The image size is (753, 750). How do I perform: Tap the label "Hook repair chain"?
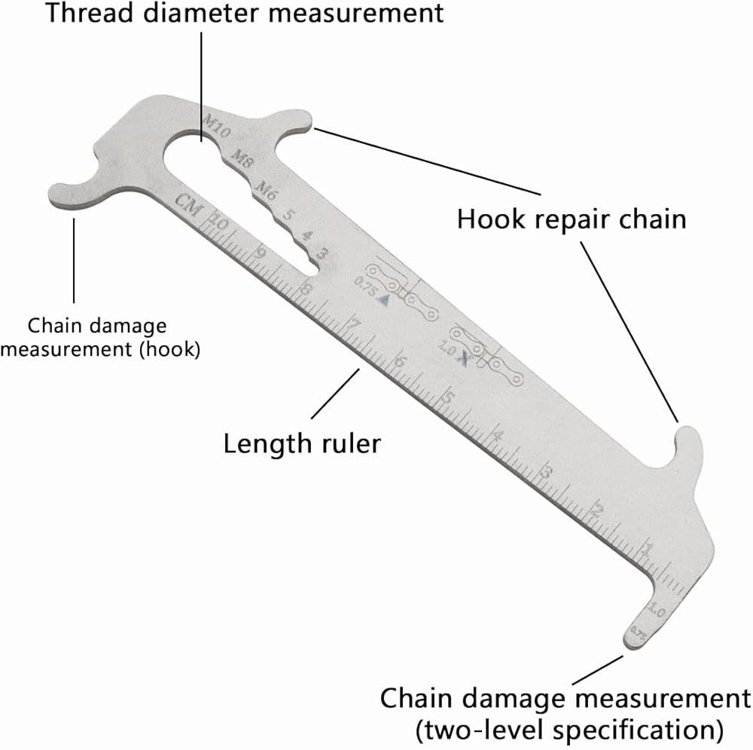(x=572, y=219)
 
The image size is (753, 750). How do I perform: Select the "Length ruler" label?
(x=302, y=442)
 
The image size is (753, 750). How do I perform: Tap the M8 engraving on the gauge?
(x=242, y=158)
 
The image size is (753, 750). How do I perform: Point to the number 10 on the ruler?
(x=218, y=223)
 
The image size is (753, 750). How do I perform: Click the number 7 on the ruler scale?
(x=354, y=326)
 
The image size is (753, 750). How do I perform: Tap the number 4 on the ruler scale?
(x=497, y=436)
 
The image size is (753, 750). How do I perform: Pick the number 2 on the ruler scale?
(x=598, y=510)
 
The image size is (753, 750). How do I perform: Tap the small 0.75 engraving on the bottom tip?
(x=638, y=633)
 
